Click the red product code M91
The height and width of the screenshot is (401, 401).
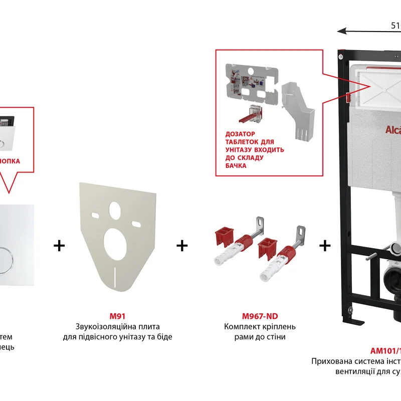pyautogui.click(x=117, y=316)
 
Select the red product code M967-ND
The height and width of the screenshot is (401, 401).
pyautogui.click(x=260, y=316)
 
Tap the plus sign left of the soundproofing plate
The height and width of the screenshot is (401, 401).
pyautogui.click(x=59, y=246)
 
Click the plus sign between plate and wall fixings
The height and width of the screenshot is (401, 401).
pyautogui.click(x=182, y=246)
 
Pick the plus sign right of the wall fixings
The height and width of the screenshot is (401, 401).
pyautogui.click(x=325, y=246)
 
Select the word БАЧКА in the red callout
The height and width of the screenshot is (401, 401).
pyautogui.click(x=237, y=165)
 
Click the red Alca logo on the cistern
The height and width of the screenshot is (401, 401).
pyautogui.click(x=392, y=130)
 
